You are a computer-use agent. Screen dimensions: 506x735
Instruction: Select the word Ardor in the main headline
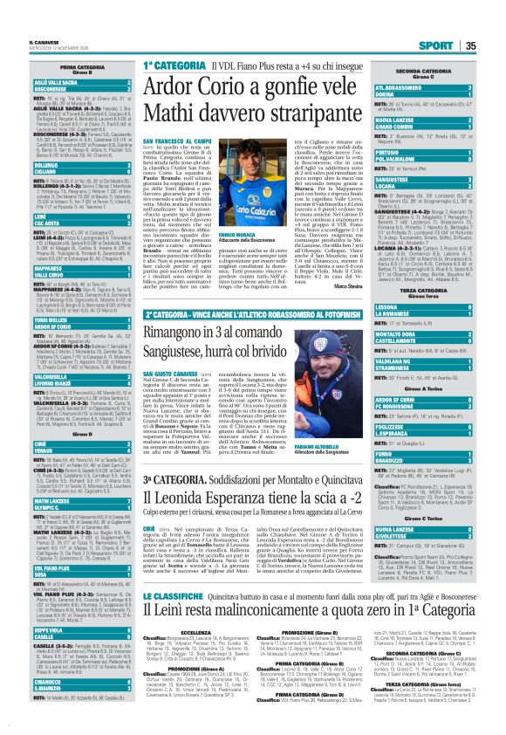point(181,89)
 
